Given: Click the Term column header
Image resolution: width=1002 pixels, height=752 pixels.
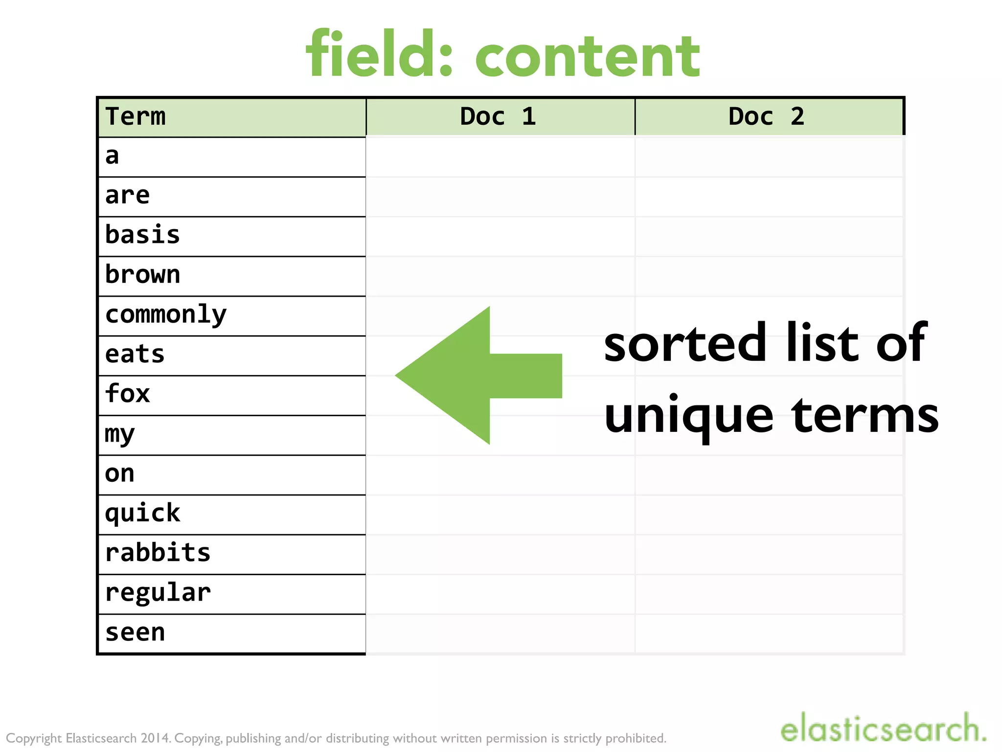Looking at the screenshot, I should click(x=136, y=117).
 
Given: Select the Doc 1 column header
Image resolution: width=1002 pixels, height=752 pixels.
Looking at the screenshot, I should click(x=498, y=117).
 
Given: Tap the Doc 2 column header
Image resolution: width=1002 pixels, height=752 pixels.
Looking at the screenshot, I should click(x=766, y=117).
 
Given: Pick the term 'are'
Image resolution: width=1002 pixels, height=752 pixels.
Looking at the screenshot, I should click(x=127, y=196).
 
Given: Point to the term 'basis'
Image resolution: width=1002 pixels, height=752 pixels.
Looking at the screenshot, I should click(x=142, y=235).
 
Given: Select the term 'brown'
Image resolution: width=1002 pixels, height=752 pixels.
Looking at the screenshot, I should click(x=142, y=275).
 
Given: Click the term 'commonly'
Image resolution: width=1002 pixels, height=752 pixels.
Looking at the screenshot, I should click(x=166, y=315).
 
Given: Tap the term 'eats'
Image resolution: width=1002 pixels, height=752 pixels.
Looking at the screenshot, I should click(x=135, y=354).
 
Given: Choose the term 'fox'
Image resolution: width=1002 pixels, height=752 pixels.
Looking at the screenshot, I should click(x=127, y=394).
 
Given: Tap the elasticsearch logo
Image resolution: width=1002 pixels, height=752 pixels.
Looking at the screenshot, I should click(x=883, y=728).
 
